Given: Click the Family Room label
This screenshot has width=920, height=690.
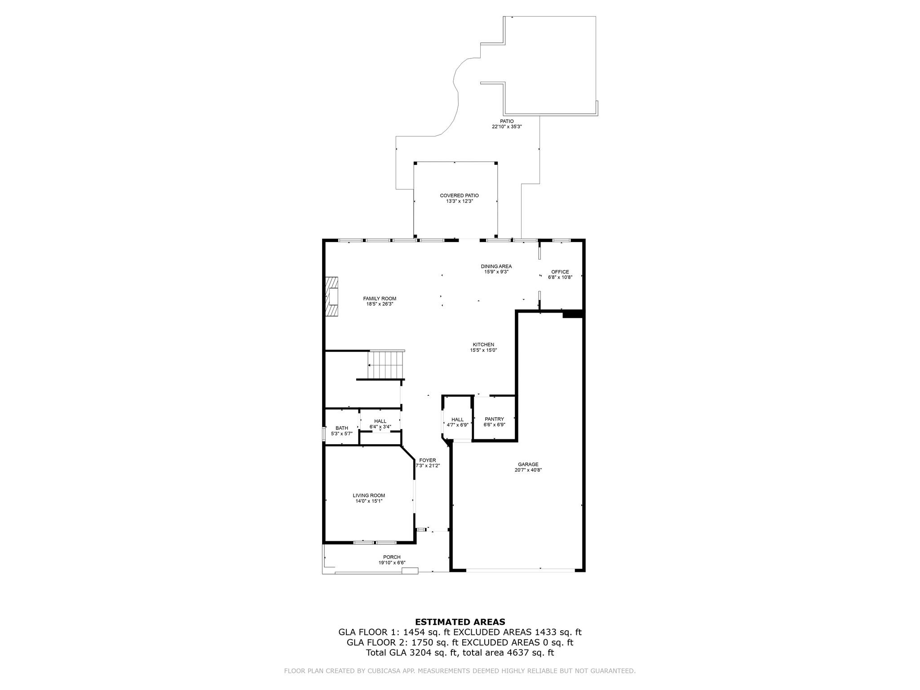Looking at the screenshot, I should (380, 299).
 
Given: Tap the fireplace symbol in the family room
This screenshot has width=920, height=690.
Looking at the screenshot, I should (332, 297).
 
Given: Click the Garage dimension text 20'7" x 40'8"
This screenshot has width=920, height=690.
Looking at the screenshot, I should (528, 470).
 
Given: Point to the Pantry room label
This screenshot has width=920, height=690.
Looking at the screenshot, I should (494, 419).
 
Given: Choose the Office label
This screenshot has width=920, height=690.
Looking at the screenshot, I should (560, 272).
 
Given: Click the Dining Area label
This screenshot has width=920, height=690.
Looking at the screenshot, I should (496, 266).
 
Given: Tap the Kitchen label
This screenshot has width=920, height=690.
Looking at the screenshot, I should (483, 345).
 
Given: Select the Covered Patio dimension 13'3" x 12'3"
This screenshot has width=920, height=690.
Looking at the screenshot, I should (459, 201).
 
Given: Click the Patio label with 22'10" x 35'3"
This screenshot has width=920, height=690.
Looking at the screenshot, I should (507, 121).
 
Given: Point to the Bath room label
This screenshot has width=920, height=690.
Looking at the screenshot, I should (341, 428).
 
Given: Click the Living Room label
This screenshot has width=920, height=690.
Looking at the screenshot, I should (368, 495).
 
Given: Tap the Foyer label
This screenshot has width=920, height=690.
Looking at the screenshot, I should (427, 460).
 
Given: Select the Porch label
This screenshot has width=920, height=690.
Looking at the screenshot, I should (391, 557).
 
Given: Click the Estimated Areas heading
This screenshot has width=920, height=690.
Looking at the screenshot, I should (460, 622).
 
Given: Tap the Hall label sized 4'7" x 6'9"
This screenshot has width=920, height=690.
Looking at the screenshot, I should (457, 420).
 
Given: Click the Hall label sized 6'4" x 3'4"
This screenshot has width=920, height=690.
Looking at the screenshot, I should (380, 421).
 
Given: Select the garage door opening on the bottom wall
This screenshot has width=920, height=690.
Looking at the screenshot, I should (520, 570).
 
